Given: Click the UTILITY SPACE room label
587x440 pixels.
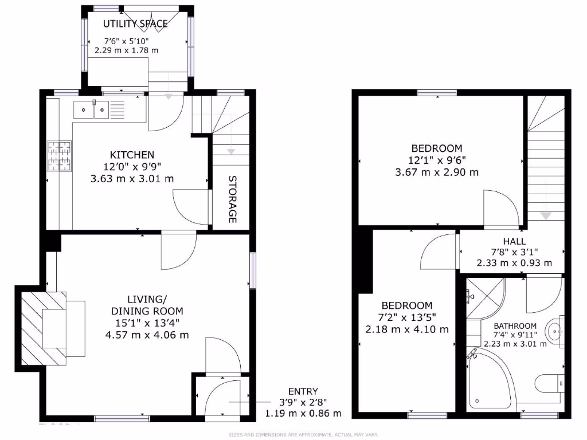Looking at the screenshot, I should (135, 23).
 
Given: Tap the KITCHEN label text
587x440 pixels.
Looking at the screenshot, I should (132, 155).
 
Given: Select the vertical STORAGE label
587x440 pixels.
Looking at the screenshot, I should (232, 199).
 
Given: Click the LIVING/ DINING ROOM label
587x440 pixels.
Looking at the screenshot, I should (147, 305).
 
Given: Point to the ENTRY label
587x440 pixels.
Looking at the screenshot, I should (303, 391).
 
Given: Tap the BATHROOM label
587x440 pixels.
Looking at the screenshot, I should (515, 325).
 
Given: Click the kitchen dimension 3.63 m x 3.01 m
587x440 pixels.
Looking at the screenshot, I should (132, 179).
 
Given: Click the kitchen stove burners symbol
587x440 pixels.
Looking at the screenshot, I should (60, 156).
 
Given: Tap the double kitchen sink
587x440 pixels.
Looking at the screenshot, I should (92, 108).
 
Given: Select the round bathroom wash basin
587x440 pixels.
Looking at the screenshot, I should (554, 331).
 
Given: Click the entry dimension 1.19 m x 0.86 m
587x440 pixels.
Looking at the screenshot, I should (303, 413).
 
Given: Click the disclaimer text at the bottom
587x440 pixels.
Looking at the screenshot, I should (303, 435).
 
